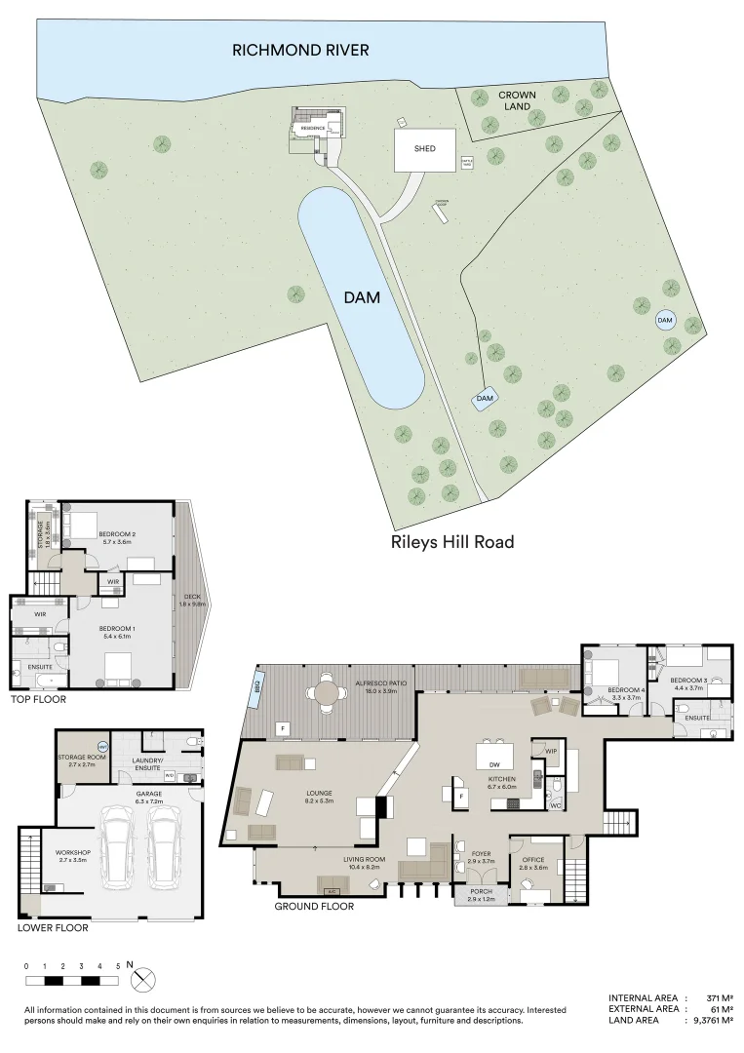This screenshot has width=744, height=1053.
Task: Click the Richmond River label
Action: point(300,50)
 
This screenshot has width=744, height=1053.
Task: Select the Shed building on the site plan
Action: point(424,149)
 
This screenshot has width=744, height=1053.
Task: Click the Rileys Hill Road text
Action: point(451,542)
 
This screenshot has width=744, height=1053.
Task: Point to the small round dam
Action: point(665,320)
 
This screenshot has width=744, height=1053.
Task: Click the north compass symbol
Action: point(142,977)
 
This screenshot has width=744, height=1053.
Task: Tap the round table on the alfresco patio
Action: point(325,693)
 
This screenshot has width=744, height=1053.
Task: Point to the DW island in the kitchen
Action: point(495,757)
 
